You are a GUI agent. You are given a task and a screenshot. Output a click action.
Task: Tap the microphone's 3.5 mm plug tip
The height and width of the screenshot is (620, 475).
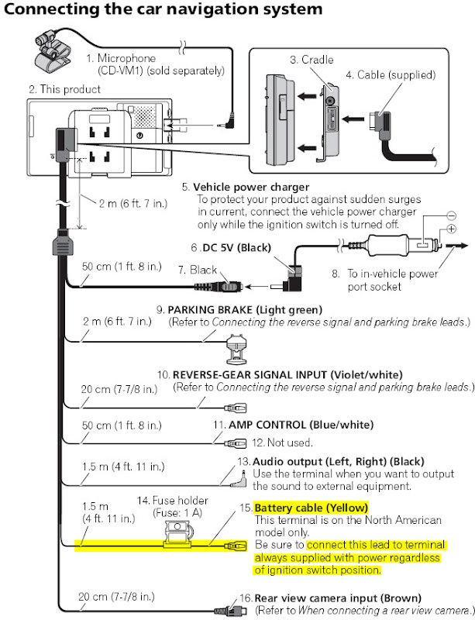[x=218, y=126]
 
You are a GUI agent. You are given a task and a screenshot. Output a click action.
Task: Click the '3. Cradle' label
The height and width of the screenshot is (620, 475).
[x=312, y=60]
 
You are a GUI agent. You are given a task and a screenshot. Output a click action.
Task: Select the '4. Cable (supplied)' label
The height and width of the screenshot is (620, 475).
[x=391, y=74]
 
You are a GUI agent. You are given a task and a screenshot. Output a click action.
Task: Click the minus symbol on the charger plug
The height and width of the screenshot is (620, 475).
[x=451, y=215]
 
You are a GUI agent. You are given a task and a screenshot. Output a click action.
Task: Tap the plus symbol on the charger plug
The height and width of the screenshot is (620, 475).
[x=451, y=229]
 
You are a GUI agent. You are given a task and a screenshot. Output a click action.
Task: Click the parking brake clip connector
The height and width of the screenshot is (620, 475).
[x=236, y=350]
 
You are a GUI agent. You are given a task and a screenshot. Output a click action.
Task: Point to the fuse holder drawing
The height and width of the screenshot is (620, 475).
[x=178, y=535]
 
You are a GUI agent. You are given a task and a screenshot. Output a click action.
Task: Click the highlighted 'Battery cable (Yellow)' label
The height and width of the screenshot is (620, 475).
[x=311, y=508]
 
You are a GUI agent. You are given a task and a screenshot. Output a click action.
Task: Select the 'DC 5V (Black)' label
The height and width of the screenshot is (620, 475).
[x=236, y=248]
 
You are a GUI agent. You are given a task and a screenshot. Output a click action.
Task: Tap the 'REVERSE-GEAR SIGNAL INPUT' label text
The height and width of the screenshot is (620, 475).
[x=250, y=374]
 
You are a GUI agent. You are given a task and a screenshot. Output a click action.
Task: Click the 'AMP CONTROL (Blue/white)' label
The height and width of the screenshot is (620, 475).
[x=301, y=425]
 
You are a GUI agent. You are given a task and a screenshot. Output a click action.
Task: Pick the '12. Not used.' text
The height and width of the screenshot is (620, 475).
[x=282, y=443]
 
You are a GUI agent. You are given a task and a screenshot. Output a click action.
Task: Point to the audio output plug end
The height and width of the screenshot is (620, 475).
[x=241, y=480]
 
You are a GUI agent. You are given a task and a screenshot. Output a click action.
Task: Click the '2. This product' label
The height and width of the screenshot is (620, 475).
[x=64, y=89]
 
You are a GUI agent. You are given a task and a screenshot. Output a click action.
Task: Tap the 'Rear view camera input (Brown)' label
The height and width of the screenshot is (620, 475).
[x=337, y=598]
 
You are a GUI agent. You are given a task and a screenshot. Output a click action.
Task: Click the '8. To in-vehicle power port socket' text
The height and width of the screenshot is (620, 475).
[x=385, y=280]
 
